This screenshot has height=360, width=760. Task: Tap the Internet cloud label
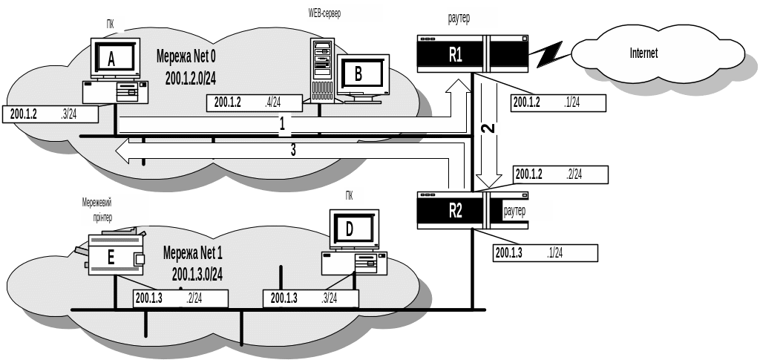pyautogui.click(x=643, y=53)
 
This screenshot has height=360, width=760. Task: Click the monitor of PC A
pyautogui.click(x=112, y=60)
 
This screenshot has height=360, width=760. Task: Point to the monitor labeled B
pyautogui.click(x=359, y=73)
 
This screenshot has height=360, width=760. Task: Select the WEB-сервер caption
pyautogui.click(x=344, y=13)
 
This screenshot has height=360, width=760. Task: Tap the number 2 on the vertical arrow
pyautogui.click(x=488, y=128)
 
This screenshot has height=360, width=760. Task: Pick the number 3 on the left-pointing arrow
pyautogui.click(x=292, y=150)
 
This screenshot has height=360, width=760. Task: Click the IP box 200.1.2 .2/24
pyautogui.click(x=560, y=174)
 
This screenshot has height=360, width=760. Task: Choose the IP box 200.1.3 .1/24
pyautogui.click(x=545, y=253)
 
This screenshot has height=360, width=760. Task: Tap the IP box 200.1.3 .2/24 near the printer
pyautogui.click(x=180, y=298)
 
